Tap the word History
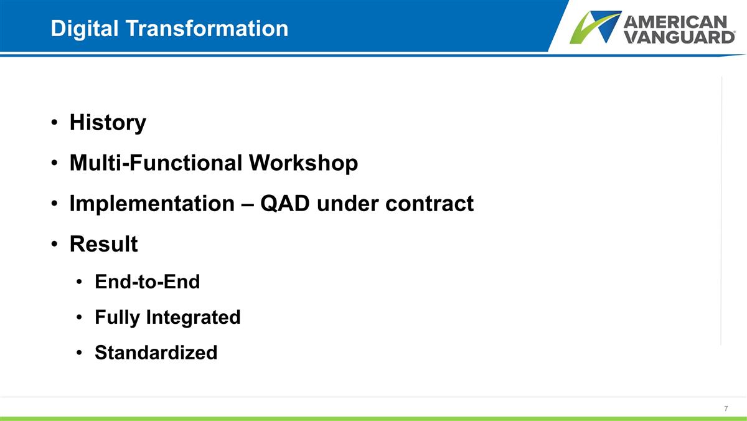(x=108, y=123)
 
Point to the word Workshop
(x=303, y=163)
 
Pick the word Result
(x=103, y=244)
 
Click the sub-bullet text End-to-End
(x=147, y=282)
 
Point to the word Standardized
(x=156, y=353)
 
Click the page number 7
(x=726, y=409)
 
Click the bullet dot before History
(x=55, y=123)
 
